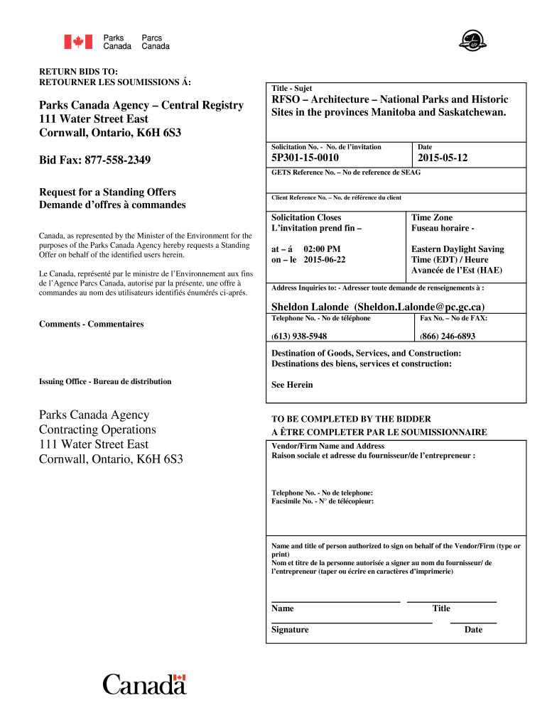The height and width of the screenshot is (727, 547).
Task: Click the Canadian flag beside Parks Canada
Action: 74,42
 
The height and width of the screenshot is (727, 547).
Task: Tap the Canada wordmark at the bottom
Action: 144,684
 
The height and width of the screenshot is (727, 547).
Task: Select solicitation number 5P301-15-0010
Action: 305,158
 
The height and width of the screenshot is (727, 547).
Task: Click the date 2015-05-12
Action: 443,158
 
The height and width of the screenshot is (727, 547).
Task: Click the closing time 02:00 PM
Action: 322,249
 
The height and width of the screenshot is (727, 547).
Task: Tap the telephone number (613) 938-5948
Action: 299,336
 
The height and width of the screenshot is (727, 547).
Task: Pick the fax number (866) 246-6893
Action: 448,336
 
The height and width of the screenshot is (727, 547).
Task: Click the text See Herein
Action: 292,385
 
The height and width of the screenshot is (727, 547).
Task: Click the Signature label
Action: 290,630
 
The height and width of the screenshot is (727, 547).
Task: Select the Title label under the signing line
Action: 441,608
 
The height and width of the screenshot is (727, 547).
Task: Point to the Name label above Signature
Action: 282,608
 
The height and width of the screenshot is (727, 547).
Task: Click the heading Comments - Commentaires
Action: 91,324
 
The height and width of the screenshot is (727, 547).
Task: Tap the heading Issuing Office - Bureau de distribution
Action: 105,381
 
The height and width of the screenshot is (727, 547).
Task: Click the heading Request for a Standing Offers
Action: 107,192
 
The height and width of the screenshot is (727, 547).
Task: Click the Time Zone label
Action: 432,217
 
